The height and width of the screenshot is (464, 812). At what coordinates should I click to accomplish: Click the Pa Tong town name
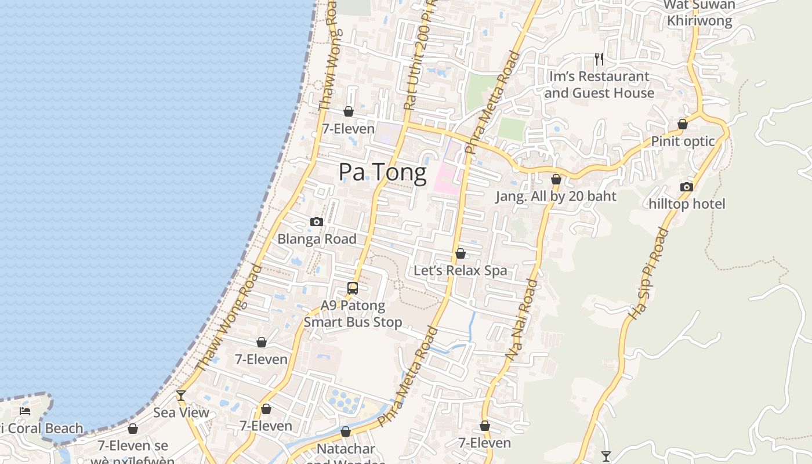coord(382,172)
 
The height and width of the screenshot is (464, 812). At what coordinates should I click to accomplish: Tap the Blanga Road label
coord(317,238)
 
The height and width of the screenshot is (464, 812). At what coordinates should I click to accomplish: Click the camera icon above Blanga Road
coord(316,222)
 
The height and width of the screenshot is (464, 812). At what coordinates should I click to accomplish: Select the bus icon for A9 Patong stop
coord(353,288)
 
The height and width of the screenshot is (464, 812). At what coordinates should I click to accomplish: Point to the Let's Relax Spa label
coord(460,270)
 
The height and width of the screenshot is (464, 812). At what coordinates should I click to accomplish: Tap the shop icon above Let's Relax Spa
coord(461,253)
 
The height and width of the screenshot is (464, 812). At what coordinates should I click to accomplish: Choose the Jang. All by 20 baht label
coord(556,196)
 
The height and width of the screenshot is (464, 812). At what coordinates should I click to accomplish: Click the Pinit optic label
coord(683,141)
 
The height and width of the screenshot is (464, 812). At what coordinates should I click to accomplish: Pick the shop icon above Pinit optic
coord(683,124)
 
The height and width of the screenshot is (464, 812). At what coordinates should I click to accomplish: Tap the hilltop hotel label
coord(687,204)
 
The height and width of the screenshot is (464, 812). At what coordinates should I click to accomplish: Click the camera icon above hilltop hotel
coord(687,187)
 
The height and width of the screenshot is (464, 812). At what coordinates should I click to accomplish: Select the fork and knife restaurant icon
coord(599,59)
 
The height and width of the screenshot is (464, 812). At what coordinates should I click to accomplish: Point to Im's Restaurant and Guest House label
coord(599,85)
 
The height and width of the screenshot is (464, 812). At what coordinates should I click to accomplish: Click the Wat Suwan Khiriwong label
coord(699,13)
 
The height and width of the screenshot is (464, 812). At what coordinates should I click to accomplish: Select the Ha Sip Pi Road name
coord(649,273)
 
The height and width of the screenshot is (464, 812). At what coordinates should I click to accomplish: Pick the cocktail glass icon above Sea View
coord(181,396)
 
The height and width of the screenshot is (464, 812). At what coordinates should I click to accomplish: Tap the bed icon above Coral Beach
coord(25,411)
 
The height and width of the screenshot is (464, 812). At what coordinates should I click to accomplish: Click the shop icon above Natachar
coord(346,432)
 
